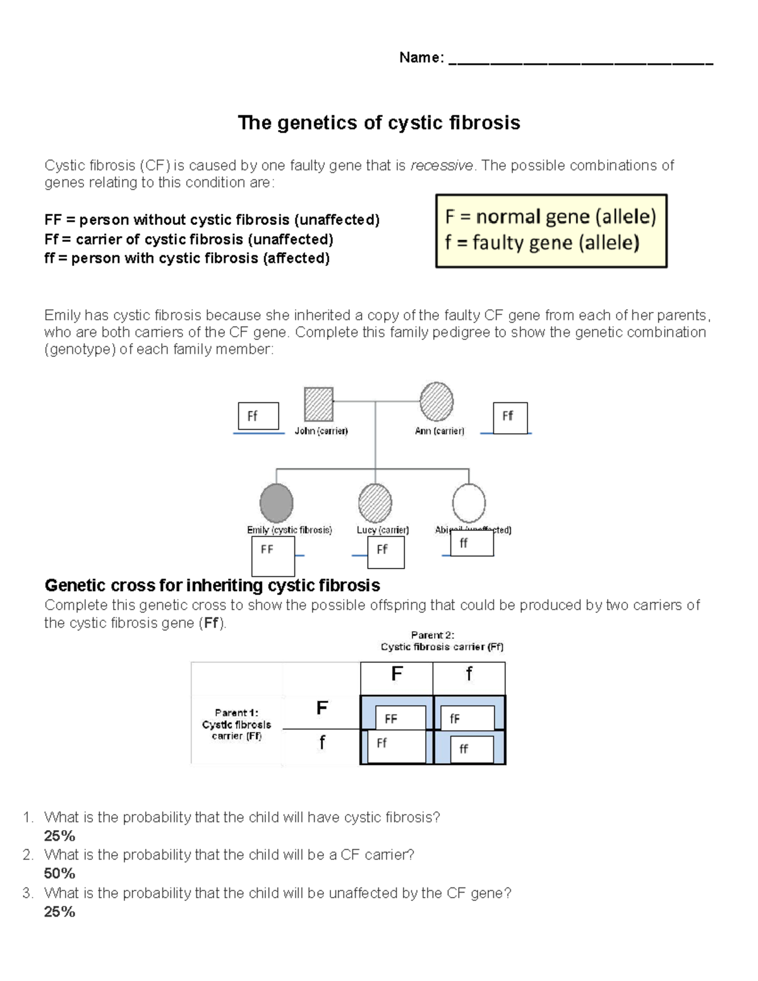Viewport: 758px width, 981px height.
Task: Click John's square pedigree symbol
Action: [x=318, y=404]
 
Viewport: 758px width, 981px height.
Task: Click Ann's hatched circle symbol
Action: [x=436, y=402]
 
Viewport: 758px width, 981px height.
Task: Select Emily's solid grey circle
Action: [x=276, y=503]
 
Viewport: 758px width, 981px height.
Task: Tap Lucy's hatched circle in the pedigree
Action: [x=375, y=503]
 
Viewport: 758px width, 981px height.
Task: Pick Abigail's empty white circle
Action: [x=469, y=503]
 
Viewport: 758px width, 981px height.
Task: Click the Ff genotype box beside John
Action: [x=258, y=416]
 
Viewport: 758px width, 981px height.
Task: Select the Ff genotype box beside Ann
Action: [x=510, y=418]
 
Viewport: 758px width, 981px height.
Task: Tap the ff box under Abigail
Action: [x=472, y=543]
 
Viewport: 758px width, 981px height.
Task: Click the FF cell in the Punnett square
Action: [x=400, y=719]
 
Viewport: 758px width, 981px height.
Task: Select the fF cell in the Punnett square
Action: [x=471, y=719]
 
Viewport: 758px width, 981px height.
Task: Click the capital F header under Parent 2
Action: [x=397, y=675]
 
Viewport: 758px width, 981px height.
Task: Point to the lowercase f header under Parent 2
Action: [x=469, y=675]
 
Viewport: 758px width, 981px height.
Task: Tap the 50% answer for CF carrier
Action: [x=59, y=874]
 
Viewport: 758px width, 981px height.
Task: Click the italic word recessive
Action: [x=441, y=166]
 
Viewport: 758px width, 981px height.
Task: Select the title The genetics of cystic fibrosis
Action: [x=378, y=123]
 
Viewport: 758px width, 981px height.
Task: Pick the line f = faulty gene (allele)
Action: [x=542, y=243]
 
